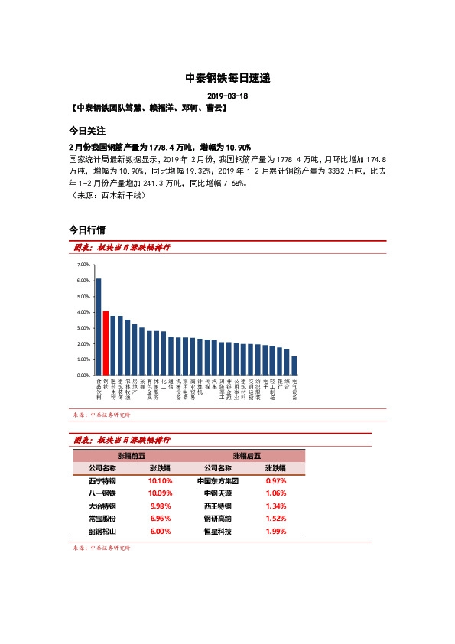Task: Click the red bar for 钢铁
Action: tap(106, 343)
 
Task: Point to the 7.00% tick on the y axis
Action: tap(84, 264)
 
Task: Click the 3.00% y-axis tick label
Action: tap(84, 328)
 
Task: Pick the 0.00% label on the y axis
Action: tap(84, 376)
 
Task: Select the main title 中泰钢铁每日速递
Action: tap(227, 78)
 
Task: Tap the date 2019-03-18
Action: tap(227, 96)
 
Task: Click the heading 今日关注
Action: tap(86, 131)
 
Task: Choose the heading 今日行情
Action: tap(86, 229)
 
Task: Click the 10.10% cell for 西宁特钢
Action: tap(160, 481)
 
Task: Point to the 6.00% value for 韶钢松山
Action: tap(160, 531)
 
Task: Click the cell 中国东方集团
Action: tap(218, 481)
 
